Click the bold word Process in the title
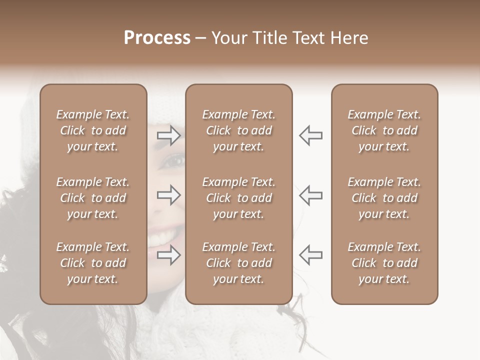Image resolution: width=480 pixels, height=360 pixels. click(x=157, y=38)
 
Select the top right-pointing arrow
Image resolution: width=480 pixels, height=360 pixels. click(x=169, y=135)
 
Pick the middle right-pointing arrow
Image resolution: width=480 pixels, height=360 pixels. click(x=169, y=195)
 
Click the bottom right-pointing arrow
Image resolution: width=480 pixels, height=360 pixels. click(x=169, y=255)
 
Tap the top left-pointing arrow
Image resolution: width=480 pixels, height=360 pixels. click(x=310, y=135)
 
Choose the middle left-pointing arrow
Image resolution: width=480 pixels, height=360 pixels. click(x=310, y=195)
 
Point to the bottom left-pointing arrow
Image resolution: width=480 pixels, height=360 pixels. click(x=310, y=255)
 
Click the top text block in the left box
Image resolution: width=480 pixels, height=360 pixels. click(x=93, y=130)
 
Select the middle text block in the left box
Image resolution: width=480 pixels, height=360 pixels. click(x=93, y=198)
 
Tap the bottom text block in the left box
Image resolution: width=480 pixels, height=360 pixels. click(x=93, y=263)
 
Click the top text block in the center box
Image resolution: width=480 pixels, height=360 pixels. click(x=238, y=130)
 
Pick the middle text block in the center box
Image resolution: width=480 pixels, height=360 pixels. click(x=238, y=198)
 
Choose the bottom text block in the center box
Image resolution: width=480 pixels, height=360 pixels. click(x=238, y=263)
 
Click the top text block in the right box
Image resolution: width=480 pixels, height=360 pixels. click(x=384, y=130)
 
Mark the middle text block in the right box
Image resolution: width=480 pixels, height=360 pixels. click(x=384, y=198)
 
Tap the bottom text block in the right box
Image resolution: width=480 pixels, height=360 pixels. click(x=384, y=263)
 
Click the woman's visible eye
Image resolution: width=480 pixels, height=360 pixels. click(x=173, y=161)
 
